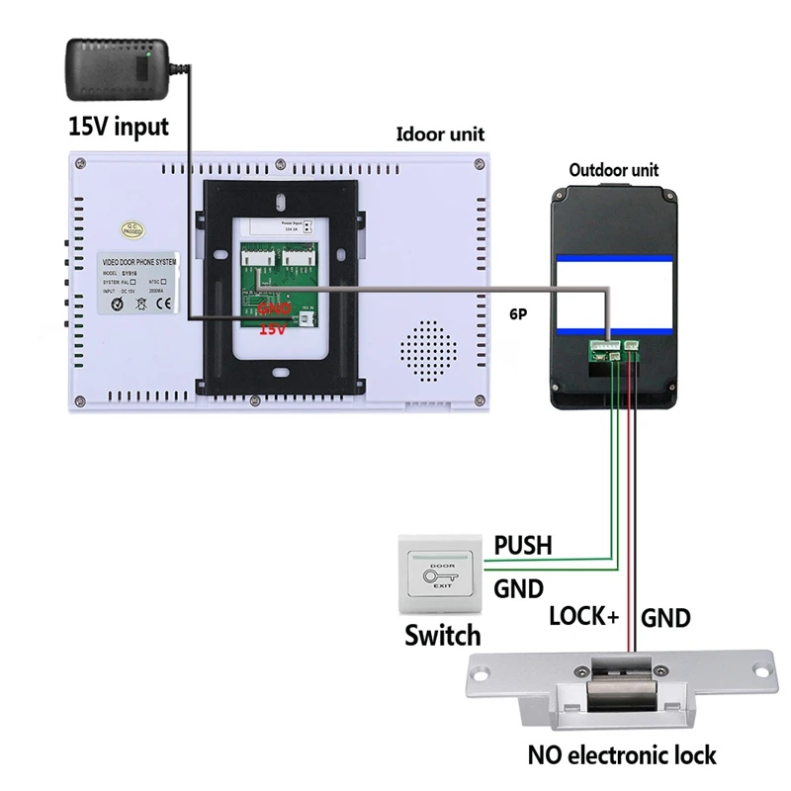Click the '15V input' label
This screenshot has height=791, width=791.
click(x=118, y=127)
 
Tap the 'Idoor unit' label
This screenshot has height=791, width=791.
click(x=440, y=134)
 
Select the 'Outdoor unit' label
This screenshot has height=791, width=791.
click(x=613, y=170)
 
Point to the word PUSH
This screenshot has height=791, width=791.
click(x=523, y=545)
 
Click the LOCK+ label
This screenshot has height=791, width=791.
click(x=583, y=617)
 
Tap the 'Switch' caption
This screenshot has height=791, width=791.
click(x=442, y=635)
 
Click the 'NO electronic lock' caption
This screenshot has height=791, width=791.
click(x=621, y=756)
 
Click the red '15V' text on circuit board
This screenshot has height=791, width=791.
click(x=272, y=330)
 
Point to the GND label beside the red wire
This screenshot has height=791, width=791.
click(x=666, y=619)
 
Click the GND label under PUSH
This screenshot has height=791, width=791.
click(x=518, y=590)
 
